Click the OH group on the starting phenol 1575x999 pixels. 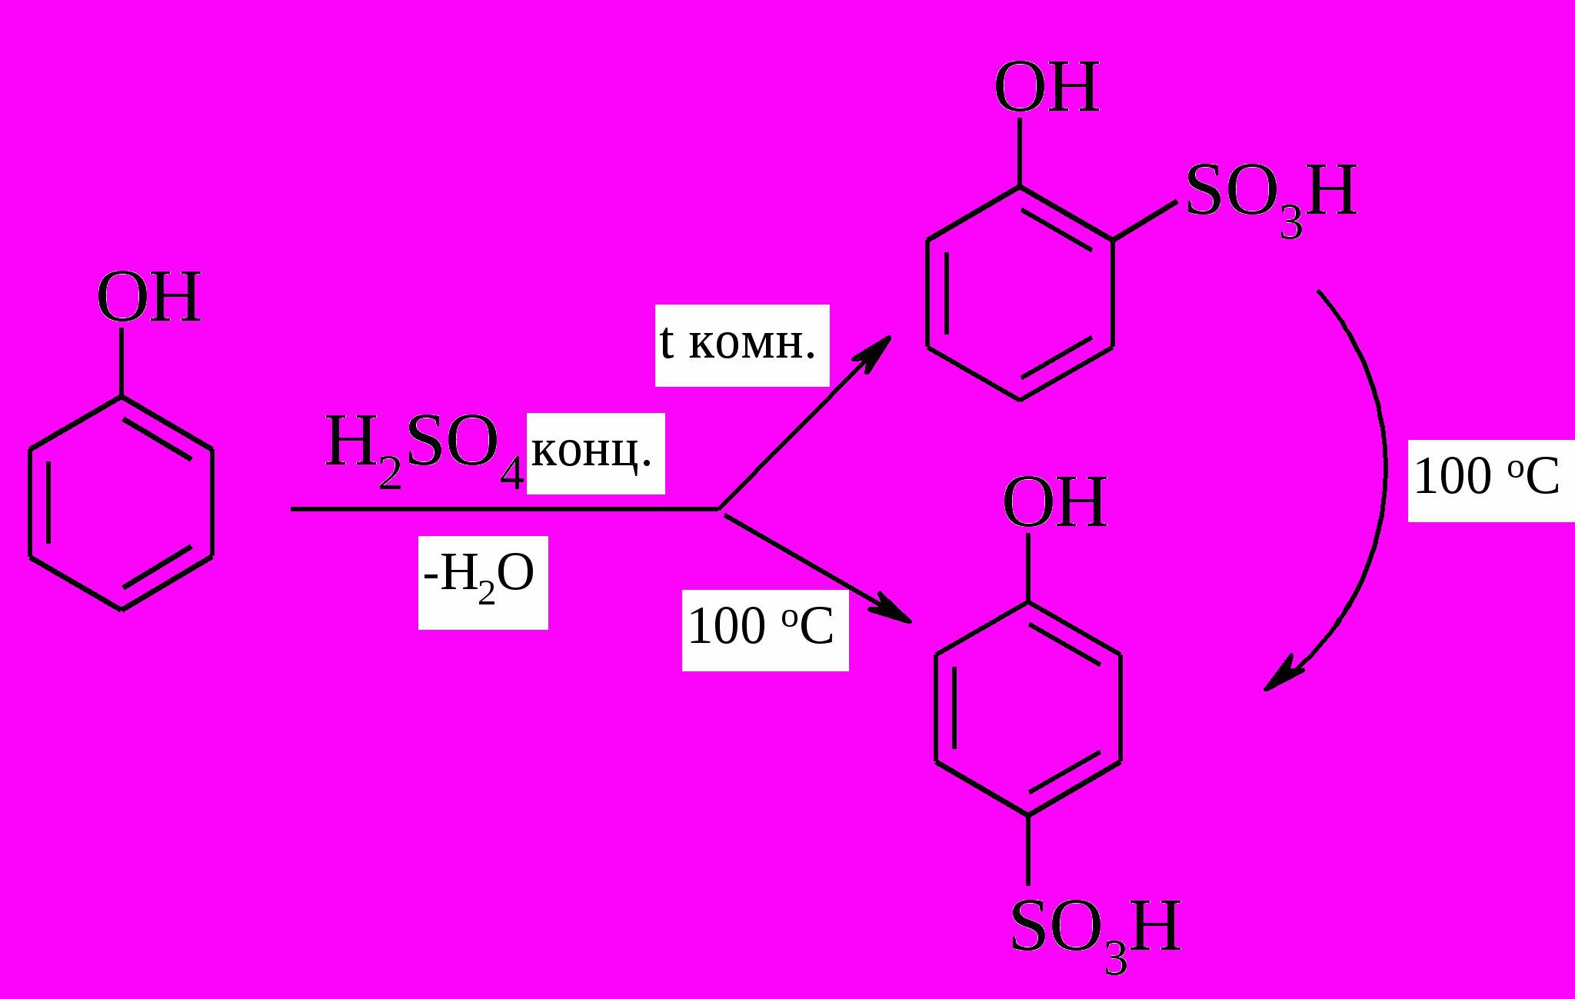[149, 298]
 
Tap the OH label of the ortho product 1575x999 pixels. [1046, 88]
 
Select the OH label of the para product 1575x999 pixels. [1054, 503]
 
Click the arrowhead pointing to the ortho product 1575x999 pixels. [877, 351]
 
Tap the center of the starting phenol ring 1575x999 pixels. [122, 502]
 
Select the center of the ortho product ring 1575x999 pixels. [1020, 293]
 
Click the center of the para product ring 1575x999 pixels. [1028, 708]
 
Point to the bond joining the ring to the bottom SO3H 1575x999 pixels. [1028, 850]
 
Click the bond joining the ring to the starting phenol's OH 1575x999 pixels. [122, 361]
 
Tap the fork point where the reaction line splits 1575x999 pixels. [719, 509]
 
